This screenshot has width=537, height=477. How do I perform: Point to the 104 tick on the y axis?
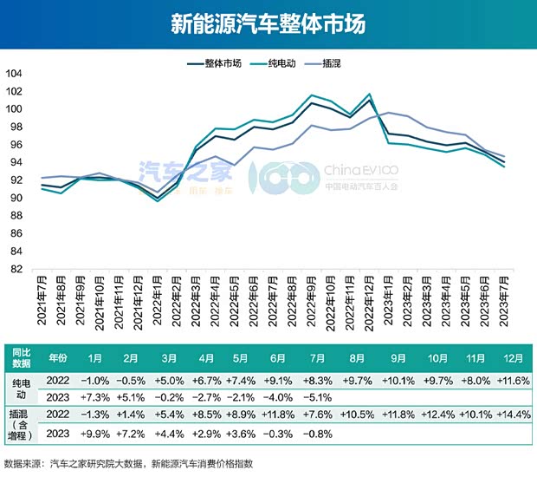point(16,73)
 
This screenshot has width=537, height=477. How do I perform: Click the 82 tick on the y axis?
point(16,270)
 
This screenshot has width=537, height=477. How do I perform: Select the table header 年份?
point(57,357)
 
